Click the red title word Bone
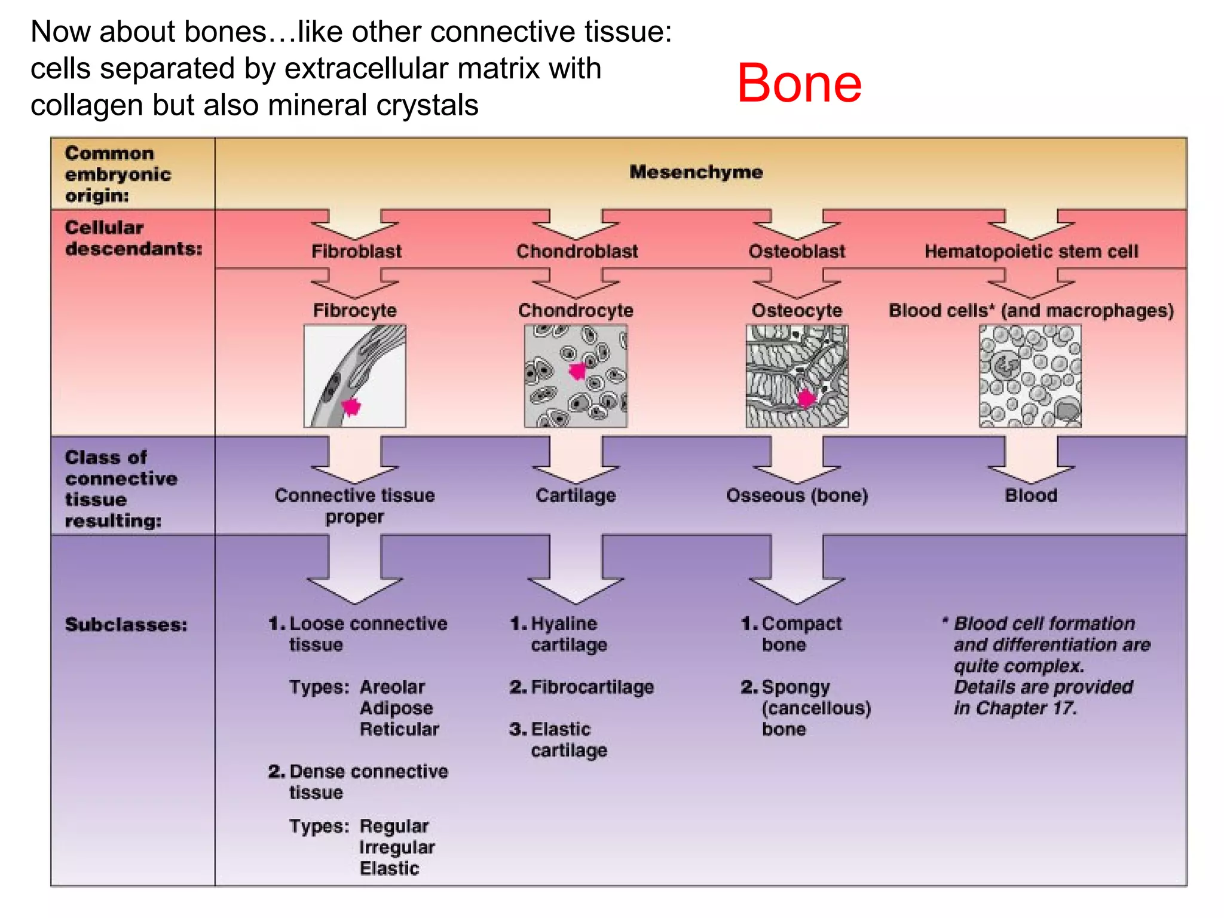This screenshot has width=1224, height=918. [798, 83]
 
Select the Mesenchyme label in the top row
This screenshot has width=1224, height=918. [696, 172]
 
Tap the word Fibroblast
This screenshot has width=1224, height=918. [356, 251]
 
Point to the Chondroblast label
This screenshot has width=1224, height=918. [577, 251]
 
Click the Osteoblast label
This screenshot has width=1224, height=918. [797, 251]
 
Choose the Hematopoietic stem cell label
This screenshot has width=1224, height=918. [1031, 251]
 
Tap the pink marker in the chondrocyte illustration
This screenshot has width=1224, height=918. [577, 371]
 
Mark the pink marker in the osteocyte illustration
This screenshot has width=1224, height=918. [807, 397]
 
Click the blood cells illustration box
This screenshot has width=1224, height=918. [1030, 376]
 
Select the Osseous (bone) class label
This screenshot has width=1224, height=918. [797, 495]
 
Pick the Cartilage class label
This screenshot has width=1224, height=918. [576, 495]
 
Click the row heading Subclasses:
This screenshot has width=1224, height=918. [126, 625]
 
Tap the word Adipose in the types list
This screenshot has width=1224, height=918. [396, 708]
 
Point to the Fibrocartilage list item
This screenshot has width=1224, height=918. [592, 687]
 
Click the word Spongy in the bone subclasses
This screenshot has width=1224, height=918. [795, 687]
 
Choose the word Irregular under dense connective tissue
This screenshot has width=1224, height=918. [397, 847]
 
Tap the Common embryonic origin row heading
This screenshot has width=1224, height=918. [118, 174]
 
